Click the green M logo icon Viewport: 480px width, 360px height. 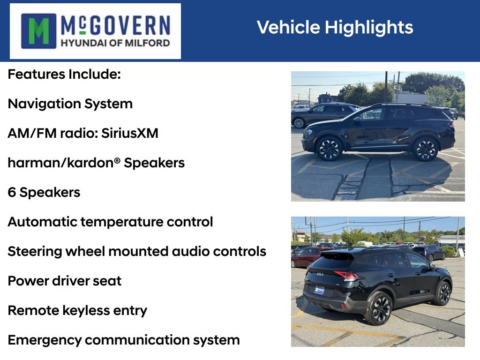point(39,31)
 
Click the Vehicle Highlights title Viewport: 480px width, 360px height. point(335,27)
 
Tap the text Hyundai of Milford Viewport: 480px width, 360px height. point(115,43)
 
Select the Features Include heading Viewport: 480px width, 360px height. point(64,74)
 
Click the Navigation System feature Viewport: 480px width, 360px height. point(70,104)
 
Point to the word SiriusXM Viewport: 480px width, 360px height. point(130,133)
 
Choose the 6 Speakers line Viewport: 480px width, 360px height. point(44,192)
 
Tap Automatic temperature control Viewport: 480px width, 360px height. point(110,222)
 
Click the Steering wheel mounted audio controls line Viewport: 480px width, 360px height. point(137,251)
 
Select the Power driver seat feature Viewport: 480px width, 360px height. point(65,281)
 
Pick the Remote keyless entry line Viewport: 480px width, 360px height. point(77,310)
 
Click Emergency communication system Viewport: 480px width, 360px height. point(124,340)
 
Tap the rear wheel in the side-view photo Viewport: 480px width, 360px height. point(426,149)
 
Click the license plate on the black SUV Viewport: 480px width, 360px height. point(319,290)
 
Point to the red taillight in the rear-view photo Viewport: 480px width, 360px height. point(346,275)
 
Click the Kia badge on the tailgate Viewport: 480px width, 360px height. point(320,274)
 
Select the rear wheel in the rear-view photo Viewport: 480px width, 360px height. point(379,308)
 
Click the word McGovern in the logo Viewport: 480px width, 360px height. point(115,25)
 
